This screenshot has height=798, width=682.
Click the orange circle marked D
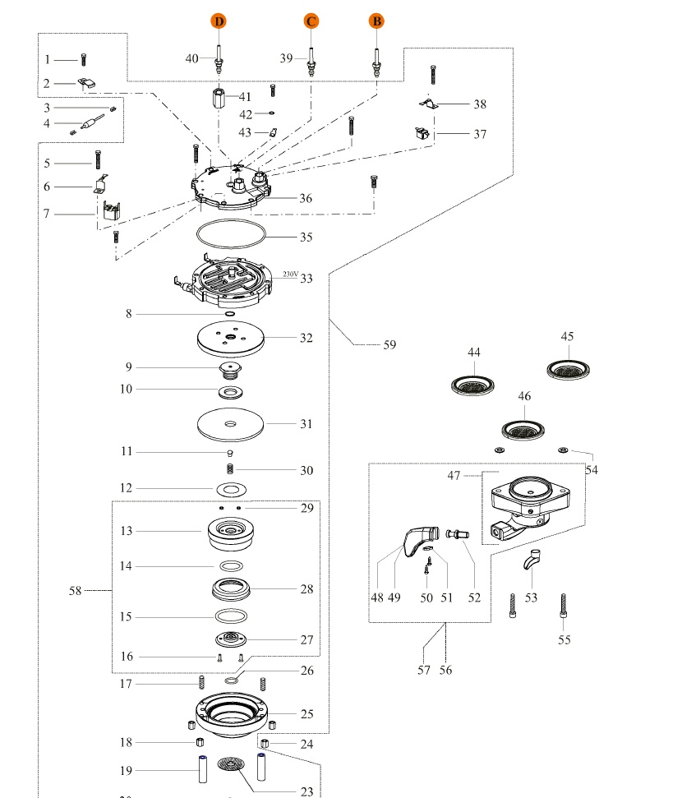pos(219,21)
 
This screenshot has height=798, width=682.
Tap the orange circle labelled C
pos(311,21)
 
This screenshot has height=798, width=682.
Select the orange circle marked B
pos(376,21)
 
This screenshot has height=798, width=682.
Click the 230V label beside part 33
pos(289,274)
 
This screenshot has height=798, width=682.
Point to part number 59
pos(389,345)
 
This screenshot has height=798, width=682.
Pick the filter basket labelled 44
pos(473,383)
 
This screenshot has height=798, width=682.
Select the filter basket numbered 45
pos(569,369)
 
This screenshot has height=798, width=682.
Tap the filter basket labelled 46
pos(524,428)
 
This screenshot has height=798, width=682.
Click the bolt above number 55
pos(563,607)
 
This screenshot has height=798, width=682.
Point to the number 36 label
pos(306,198)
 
